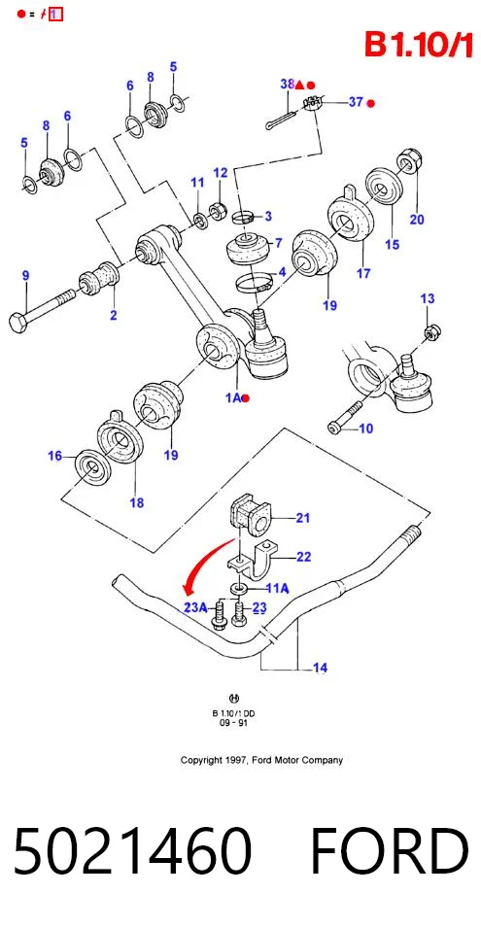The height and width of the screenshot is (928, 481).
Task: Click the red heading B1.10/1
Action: (x=418, y=45)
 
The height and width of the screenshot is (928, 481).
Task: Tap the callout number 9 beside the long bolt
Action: (x=25, y=275)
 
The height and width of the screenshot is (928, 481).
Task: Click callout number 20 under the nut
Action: (x=417, y=220)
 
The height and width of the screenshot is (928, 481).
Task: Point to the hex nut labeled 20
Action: (x=408, y=159)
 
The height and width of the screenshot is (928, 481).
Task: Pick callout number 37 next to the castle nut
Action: (x=356, y=102)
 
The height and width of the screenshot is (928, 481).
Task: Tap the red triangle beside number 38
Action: (x=299, y=85)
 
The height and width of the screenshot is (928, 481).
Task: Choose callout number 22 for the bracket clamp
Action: (x=303, y=557)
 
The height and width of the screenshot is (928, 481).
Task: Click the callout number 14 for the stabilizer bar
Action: (x=320, y=668)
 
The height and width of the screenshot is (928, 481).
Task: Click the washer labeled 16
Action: (x=90, y=468)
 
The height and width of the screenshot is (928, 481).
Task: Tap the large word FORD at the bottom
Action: (x=390, y=851)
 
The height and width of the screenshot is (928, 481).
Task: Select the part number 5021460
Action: (x=132, y=851)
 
